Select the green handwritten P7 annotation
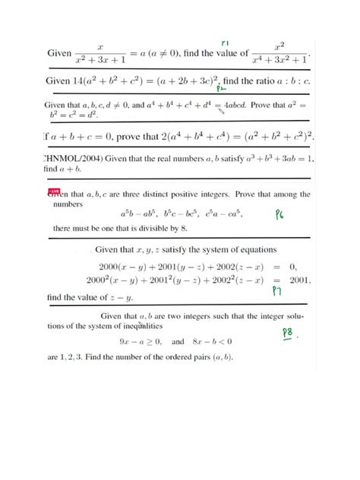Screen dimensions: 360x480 277,291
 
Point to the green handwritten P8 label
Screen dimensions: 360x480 289,333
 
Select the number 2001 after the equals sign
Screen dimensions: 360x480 295,280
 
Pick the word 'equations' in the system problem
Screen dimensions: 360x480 254,249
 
